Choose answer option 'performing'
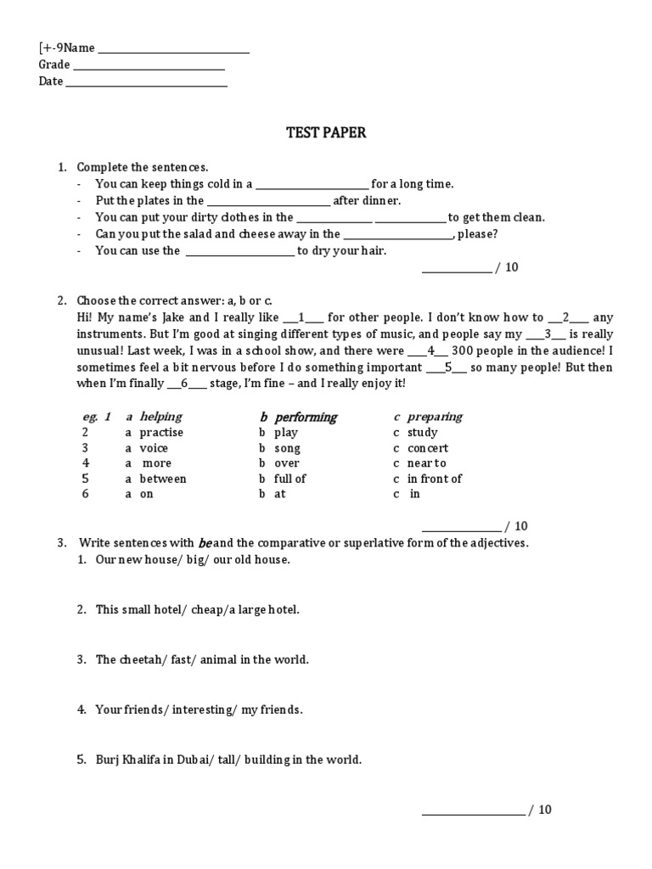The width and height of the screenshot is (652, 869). click(x=306, y=418)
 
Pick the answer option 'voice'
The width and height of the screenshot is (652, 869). click(x=154, y=448)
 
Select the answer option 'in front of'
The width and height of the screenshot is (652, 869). click(x=435, y=479)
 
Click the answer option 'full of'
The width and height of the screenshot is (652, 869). click(x=289, y=479)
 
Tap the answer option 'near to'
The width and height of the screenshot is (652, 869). click(x=426, y=463)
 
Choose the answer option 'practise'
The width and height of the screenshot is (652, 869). click(x=161, y=433)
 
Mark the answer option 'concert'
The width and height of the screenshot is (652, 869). click(x=428, y=448)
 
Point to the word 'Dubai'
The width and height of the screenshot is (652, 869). click(x=201, y=760)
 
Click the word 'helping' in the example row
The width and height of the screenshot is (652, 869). click(x=160, y=417)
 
